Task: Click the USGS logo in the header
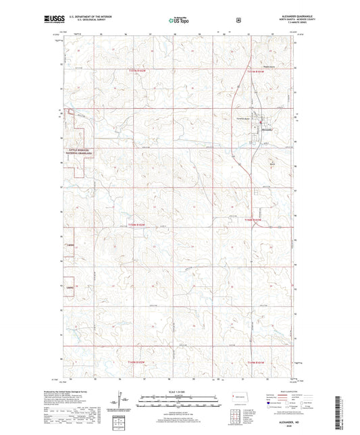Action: (x=53, y=21)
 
